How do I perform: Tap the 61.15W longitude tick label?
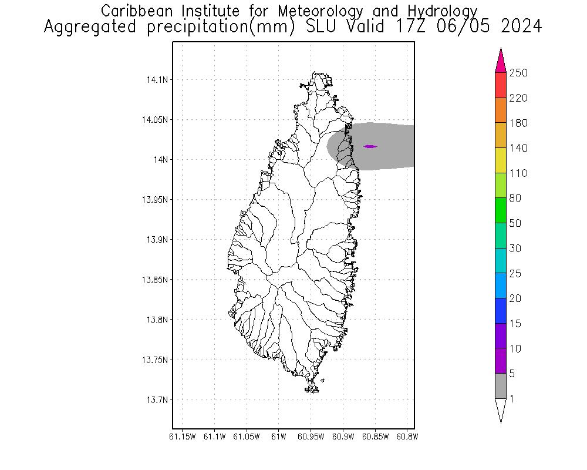pos(182,437)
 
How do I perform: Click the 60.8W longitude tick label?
pos(407,437)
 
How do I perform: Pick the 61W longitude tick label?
pos(279,437)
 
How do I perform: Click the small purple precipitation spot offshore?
pos(370,146)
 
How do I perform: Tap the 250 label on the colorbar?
pos(518,73)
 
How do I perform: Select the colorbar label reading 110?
pos(518,173)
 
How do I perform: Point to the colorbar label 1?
pos(512,399)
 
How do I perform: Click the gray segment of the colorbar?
pos(501,386)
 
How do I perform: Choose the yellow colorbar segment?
pos(501,160)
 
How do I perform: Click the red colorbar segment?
pos(501,85)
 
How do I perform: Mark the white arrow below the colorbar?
pos(501,409)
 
